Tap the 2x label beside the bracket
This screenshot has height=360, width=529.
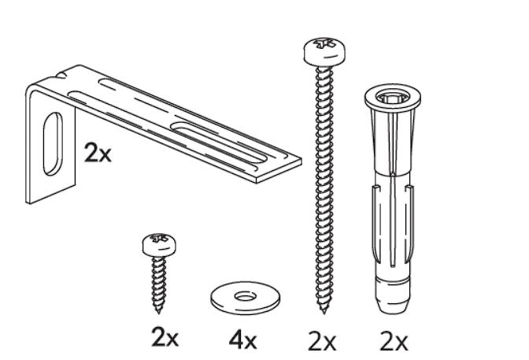click(98, 152)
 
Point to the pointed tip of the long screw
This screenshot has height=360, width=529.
click(320, 306)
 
